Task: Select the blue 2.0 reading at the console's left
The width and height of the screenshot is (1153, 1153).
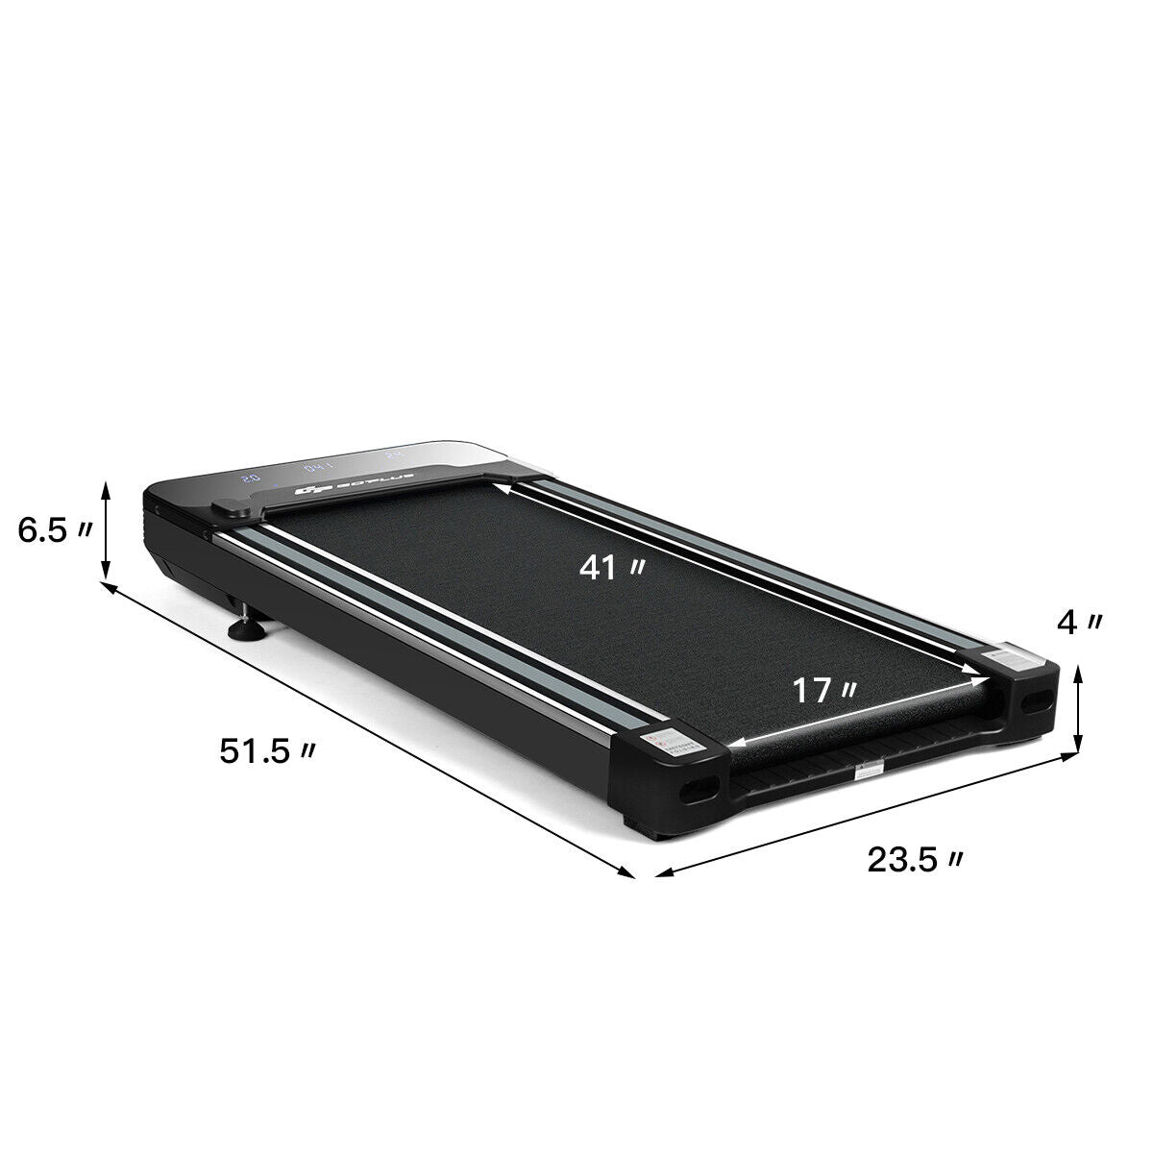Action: click(x=250, y=477)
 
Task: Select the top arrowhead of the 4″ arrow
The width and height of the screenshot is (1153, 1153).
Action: click(x=1080, y=673)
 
